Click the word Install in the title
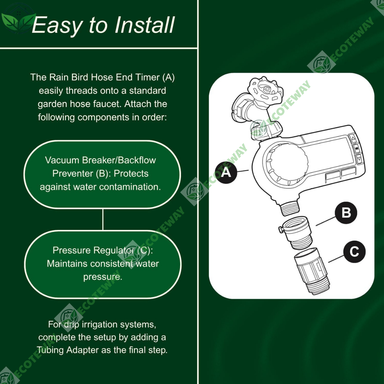(x=144, y=25)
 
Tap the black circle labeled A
(x=226, y=172)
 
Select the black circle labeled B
(x=346, y=213)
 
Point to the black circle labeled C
(x=354, y=252)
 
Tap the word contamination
(x=130, y=187)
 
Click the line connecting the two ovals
(x=103, y=219)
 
